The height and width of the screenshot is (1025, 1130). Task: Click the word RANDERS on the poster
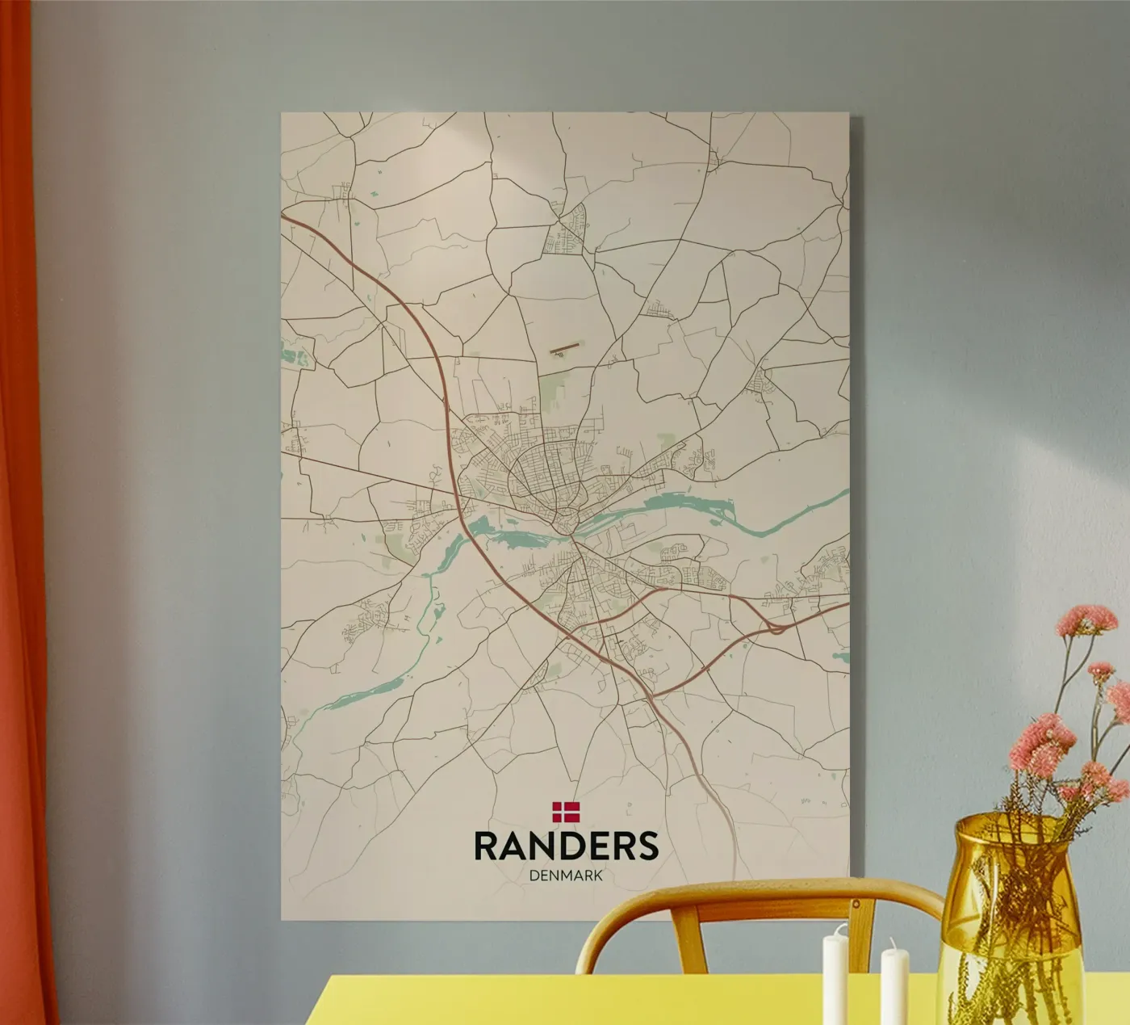coord(566,845)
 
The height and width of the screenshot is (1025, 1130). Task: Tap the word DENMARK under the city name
coord(566,875)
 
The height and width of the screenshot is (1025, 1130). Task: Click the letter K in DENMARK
coord(597,875)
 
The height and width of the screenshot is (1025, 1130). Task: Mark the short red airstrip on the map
coord(564,350)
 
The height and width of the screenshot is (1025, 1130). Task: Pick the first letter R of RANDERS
coord(486,845)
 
